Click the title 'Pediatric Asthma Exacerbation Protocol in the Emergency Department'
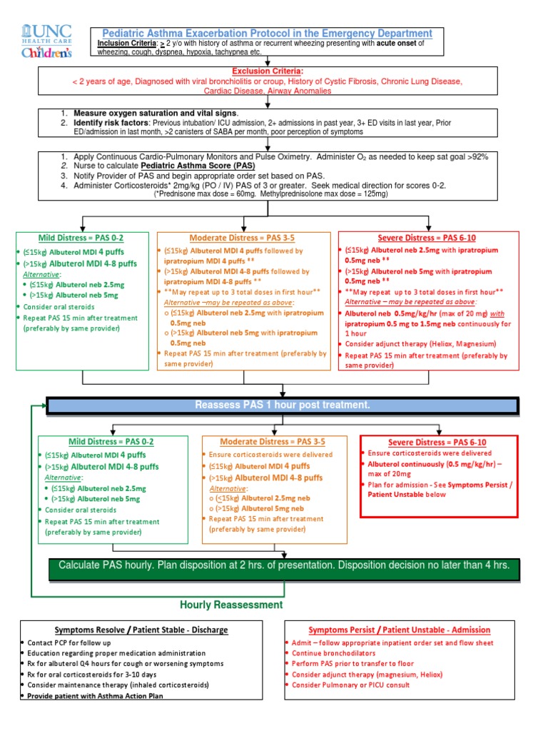(x=265, y=34)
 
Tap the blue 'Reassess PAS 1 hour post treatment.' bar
(x=283, y=405)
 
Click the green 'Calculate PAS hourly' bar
(x=284, y=565)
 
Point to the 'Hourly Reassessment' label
(x=231, y=605)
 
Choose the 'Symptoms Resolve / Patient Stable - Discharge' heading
(x=141, y=630)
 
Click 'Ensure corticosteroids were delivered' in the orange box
(x=270, y=455)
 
